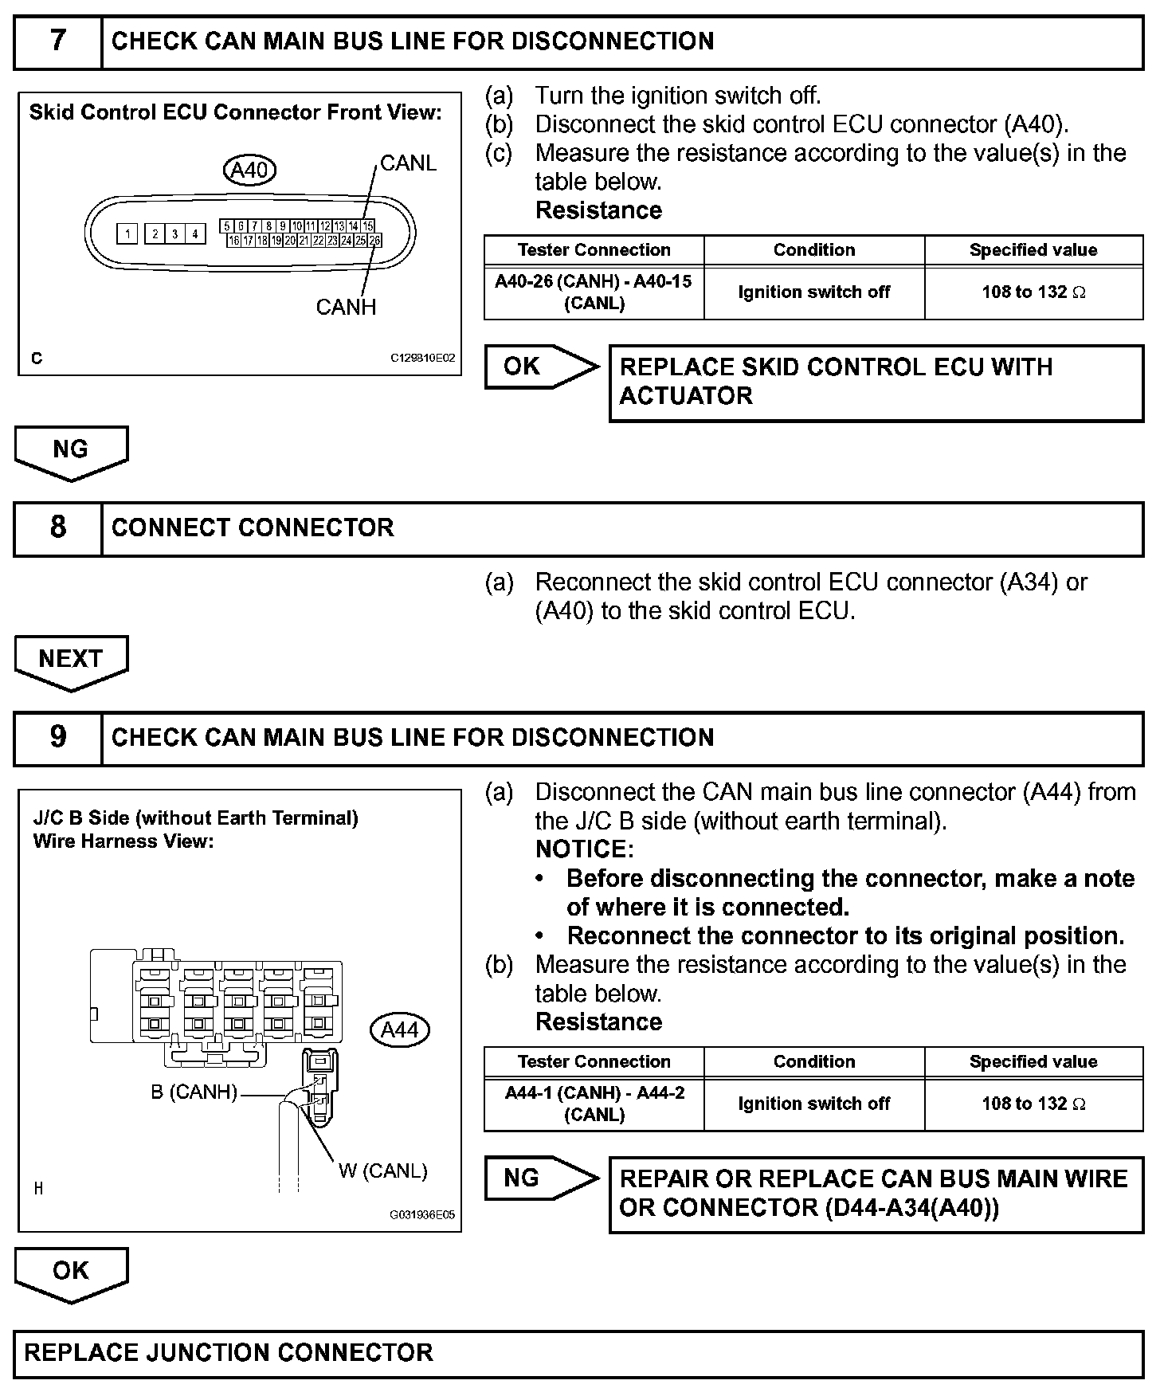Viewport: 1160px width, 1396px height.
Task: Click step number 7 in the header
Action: coord(58,41)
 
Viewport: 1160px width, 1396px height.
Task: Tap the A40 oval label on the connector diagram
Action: coord(249,170)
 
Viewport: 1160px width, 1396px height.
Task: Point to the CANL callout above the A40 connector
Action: coord(408,163)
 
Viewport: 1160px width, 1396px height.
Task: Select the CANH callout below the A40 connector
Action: coord(346,308)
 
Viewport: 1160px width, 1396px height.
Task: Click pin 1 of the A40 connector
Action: coord(127,234)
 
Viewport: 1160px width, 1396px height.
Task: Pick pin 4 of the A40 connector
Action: coord(194,234)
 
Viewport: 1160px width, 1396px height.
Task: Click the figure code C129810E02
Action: coord(422,359)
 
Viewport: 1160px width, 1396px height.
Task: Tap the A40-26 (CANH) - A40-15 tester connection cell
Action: coord(594,292)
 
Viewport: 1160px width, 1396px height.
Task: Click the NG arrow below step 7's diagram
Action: coord(70,451)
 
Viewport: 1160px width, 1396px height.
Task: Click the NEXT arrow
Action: coord(70,661)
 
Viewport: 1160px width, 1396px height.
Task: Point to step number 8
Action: coord(58,527)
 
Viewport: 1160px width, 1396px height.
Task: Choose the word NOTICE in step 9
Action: coord(582,849)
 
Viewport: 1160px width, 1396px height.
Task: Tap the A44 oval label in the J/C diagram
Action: coord(400,1030)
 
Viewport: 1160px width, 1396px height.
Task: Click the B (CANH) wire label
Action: coord(194,1092)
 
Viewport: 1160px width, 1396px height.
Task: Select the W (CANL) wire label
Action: coord(383,1171)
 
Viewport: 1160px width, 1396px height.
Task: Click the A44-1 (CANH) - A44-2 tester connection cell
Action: coord(594,1104)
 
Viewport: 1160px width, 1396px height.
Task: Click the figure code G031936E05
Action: coord(422,1215)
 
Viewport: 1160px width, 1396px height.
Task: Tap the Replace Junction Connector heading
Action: coord(229,1352)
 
